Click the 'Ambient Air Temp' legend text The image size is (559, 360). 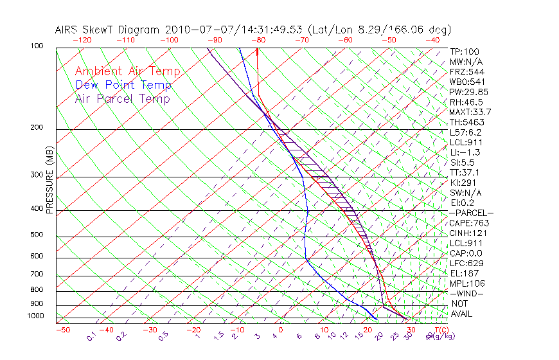127,71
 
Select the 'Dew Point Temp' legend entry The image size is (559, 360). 123,85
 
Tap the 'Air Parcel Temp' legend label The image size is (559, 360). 122,98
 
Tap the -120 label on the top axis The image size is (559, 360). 82,39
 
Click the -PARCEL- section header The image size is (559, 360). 471,213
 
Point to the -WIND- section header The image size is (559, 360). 466,293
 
